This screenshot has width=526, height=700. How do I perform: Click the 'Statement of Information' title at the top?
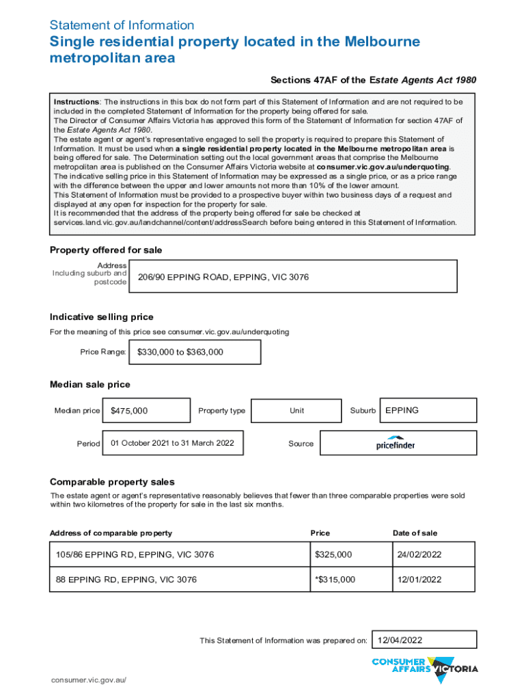pos(122,25)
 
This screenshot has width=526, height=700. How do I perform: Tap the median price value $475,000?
pos(146,411)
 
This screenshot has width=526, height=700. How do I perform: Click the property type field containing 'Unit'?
pos(296,411)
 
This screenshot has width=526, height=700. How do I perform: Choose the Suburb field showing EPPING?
pos(428,411)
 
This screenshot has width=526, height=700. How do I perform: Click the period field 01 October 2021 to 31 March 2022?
pos(172,444)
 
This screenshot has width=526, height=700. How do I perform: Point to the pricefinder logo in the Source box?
pos(396,444)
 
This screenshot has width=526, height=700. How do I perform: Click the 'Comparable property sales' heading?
pos(112,482)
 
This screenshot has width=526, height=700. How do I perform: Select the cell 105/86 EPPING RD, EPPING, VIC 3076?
pos(132,554)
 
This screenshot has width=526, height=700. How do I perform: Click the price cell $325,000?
pos(333,554)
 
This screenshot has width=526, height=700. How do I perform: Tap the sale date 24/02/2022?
pos(417,554)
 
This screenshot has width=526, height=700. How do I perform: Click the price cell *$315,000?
pos(335,580)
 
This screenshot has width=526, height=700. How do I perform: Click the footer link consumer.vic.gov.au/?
pos(89,681)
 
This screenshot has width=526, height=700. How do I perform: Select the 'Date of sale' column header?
pos(415,533)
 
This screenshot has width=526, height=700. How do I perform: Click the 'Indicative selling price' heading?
pos(101,317)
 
